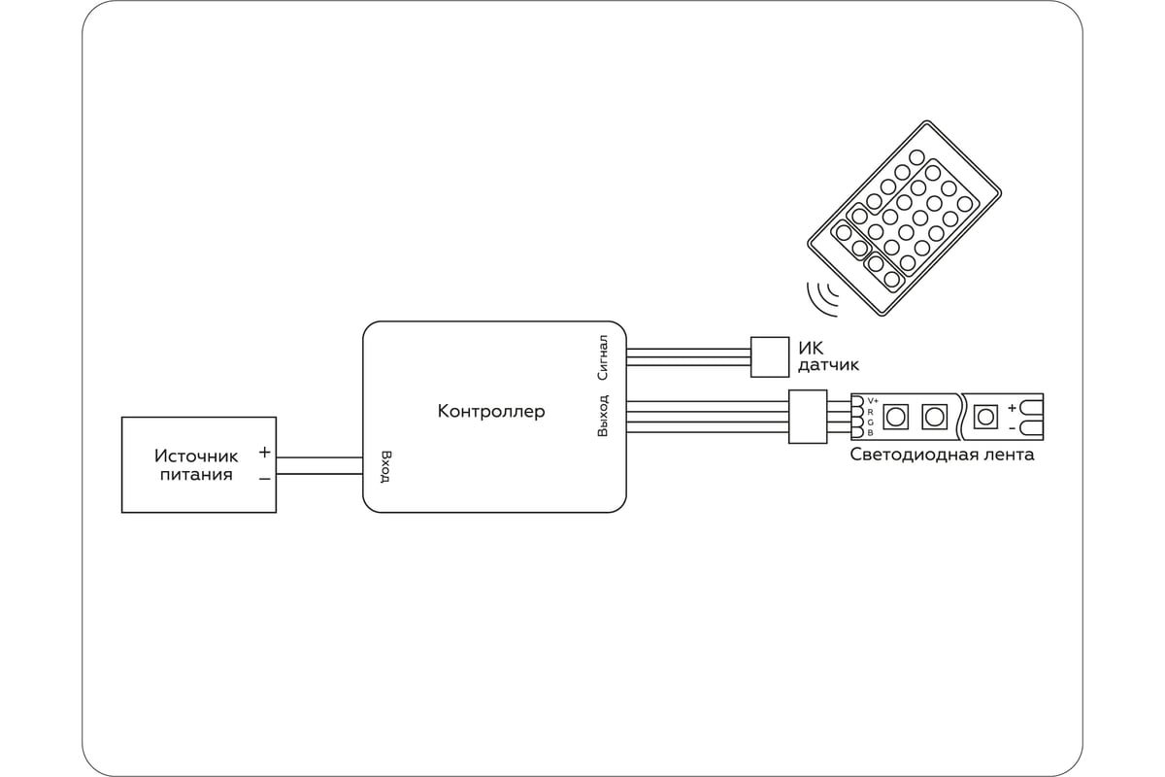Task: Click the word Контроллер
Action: pos(491,411)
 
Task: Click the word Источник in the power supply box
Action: pos(196,456)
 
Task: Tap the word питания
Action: pos(196,474)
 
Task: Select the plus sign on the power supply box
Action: pos(264,452)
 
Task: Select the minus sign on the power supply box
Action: pos(264,478)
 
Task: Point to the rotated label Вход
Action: pos(385,467)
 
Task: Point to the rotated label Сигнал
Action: pos(602,357)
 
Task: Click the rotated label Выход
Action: pos(602,416)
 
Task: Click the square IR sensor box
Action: pos(770,357)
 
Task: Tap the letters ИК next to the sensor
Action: pos(811,348)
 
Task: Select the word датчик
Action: pos(828,365)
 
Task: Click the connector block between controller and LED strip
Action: pos(808,417)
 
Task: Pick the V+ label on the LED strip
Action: pos(873,400)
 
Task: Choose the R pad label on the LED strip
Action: pos(871,412)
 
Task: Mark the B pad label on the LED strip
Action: pos(871,432)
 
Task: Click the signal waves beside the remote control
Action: pos(821,299)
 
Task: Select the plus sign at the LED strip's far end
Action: pos(1012,408)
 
